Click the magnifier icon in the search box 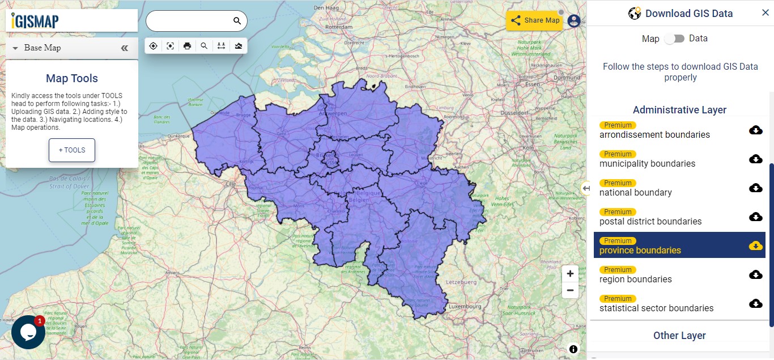(237, 21)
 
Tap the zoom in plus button (570, 273)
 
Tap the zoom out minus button (570, 290)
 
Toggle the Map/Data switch (674, 39)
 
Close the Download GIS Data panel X (765, 13)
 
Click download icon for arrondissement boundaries (755, 130)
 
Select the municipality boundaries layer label (647, 164)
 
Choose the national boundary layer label (635, 193)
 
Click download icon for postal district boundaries (755, 217)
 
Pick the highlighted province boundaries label (640, 251)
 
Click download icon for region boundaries (755, 274)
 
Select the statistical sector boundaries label (656, 308)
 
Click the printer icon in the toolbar (187, 46)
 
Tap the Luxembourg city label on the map (465, 306)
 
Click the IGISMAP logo (35, 21)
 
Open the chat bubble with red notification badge (28, 332)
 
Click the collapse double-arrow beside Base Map (125, 48)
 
